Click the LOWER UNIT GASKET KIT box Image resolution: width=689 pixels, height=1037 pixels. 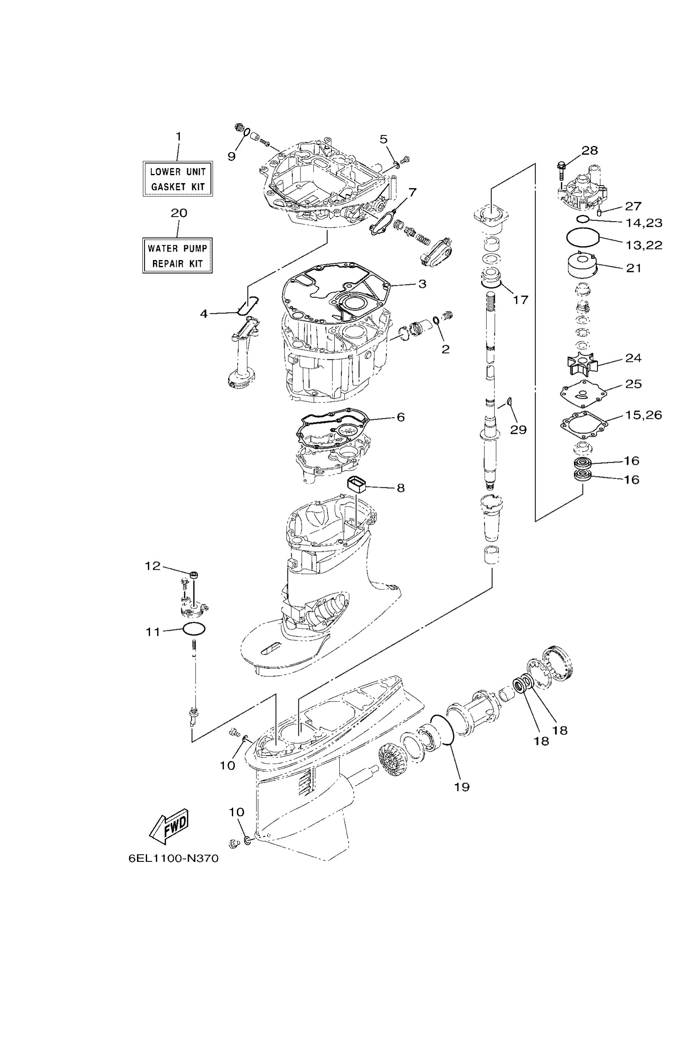click(x=178, y=178)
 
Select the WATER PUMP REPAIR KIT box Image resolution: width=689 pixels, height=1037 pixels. click(x=178, y=255)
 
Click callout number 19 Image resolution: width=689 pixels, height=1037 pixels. click(x=462, y=787)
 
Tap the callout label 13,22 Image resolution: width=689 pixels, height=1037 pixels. click(x=643, y=245)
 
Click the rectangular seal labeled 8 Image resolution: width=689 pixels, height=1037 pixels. click(x=357, y=485)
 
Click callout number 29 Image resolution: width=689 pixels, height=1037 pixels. click(x=518, y=430)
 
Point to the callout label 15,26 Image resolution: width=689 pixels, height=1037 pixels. click(x=643, y=415)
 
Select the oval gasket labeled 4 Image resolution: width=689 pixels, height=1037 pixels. click(x=248, y=305)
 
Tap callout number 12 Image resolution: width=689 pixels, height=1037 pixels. click(x=153, y=566)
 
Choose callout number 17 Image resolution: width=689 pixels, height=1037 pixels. click(x=521, y=300)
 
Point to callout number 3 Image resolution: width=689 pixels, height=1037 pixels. click(x=422, y=284)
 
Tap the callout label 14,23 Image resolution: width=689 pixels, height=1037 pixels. click(x=644, y=223)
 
